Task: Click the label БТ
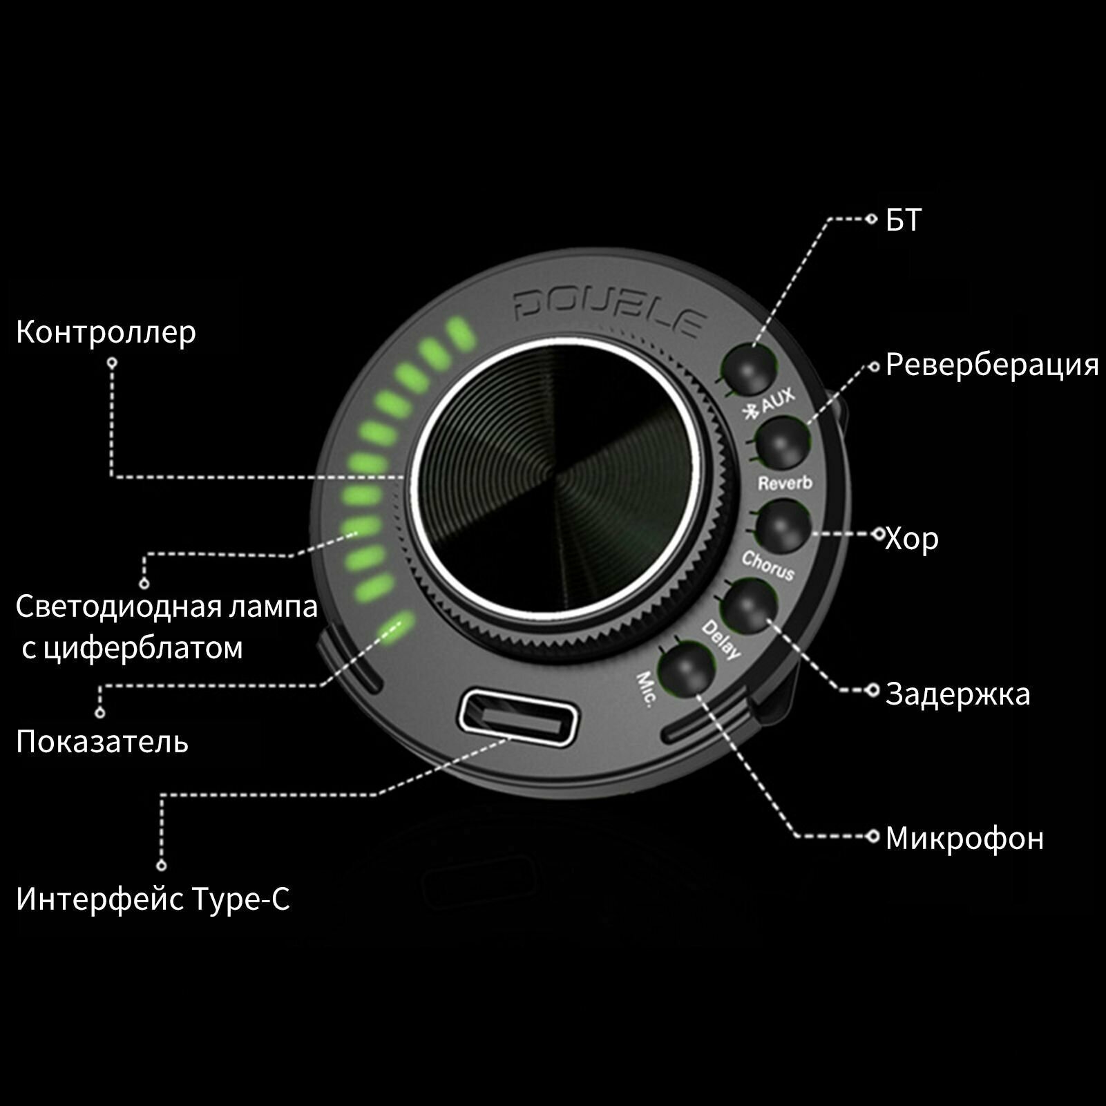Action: [x=904, y=220]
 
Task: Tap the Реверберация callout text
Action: [x=992, y=365]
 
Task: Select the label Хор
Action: [x=912, y=538]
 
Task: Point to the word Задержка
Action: [x=958, y=694]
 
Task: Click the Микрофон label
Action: [x=964, y=838]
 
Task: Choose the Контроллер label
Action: [x=106, y=332]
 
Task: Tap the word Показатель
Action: [x=102, y=742]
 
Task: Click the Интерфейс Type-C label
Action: [x=153, y=899]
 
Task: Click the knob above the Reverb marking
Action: [x=782, y=444]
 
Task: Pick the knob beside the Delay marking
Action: [x=750, y=605]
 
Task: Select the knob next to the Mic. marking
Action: [x=687, y=668]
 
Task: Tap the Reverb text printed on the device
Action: [x=785, y=483]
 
